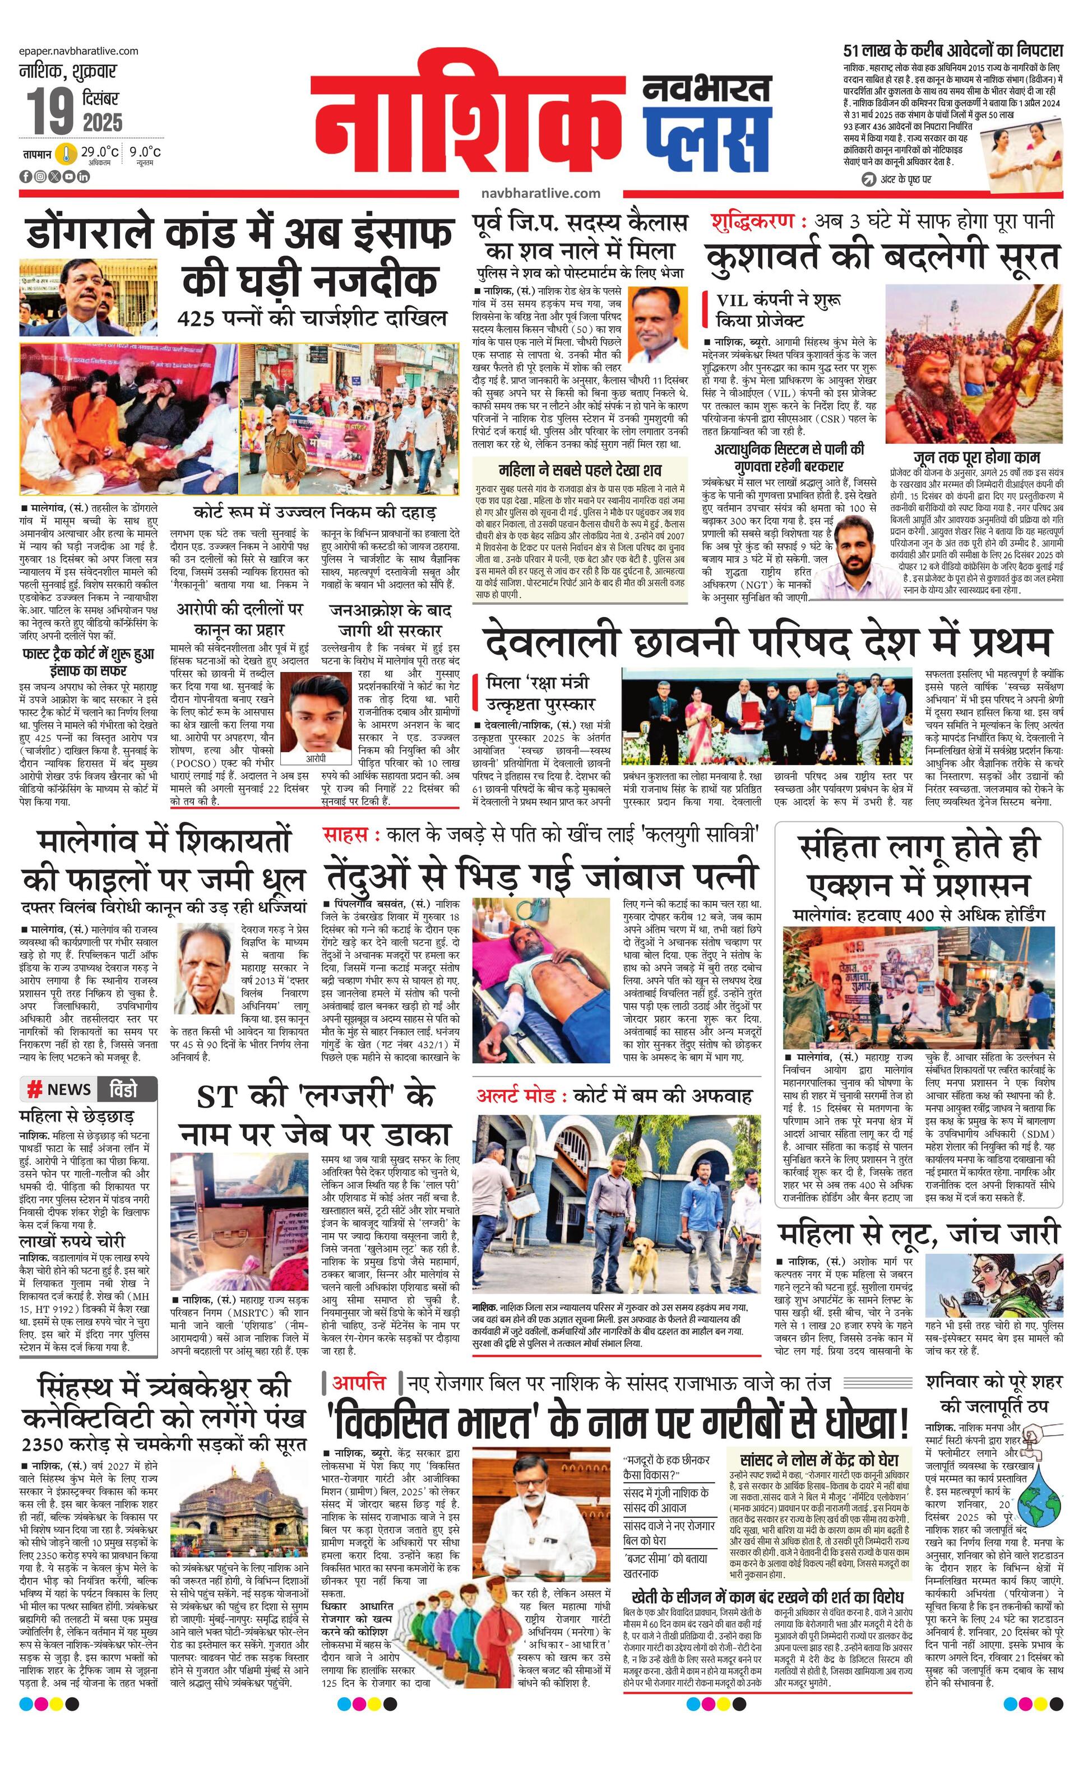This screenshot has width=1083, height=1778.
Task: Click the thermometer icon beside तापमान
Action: (67, 154)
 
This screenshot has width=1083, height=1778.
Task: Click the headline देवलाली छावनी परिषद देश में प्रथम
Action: (766, 641)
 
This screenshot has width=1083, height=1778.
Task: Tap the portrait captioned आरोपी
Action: (315, 714)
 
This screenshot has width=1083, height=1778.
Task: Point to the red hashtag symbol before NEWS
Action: (34, 1090)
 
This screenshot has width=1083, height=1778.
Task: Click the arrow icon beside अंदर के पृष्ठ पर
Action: (869, 178)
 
